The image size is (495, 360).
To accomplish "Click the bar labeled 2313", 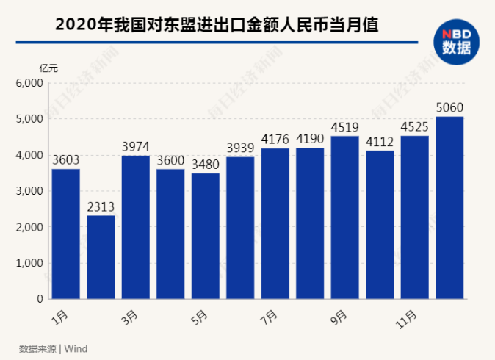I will tap(101, 257).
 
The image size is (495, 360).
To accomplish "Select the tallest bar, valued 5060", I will tap(449, 208).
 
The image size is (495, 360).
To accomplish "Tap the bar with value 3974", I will tap(135, 227).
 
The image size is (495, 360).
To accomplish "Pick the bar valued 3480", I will tap(206, 236).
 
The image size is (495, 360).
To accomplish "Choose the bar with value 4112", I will tap(380, 225).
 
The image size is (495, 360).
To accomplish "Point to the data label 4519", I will tap(345, 126).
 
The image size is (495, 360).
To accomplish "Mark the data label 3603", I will tap(65, 159).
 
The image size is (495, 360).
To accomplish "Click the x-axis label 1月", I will tap(61, 317).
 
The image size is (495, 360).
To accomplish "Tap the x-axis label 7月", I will tap(270, 317).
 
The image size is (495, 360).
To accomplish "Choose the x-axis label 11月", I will tap(408, 318).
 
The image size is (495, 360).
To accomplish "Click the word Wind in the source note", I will tap(76, 348).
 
